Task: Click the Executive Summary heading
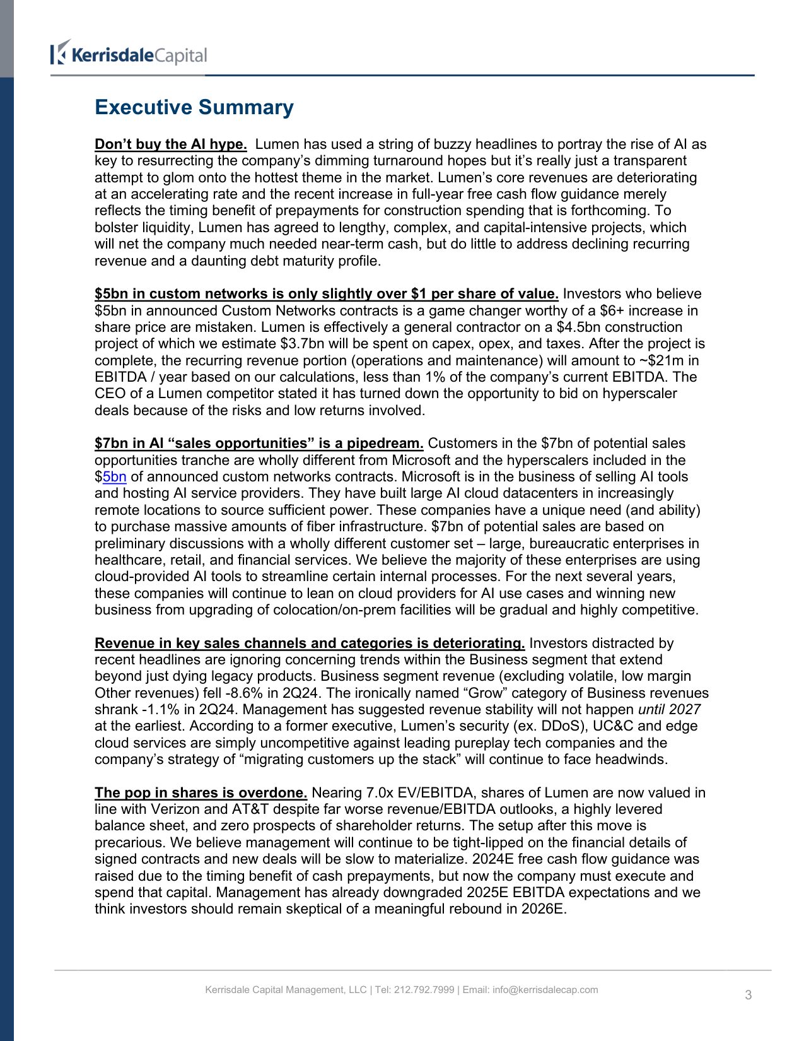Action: [194, 107]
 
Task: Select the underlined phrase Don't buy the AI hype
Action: [170, 144]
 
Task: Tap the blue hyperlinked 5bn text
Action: [115, 477]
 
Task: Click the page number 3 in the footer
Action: [748, 996]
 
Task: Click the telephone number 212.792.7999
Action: [424, 990]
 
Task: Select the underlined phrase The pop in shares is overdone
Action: [201, 793]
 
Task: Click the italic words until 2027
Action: [669, 710]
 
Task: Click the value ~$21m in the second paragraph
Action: [661, 361]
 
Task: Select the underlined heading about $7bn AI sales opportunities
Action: [259, 444]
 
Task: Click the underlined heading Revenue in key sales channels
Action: [309, 644]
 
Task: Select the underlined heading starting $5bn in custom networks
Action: [326, 294]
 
